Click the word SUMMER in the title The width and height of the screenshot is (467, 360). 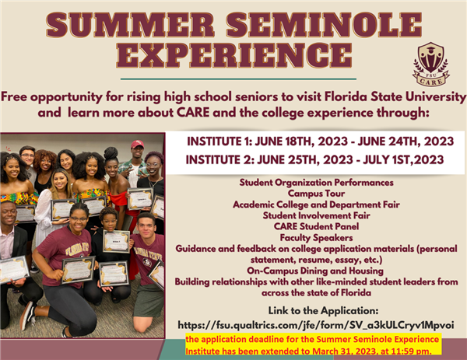coord(130,25)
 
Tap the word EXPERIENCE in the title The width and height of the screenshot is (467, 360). coord(234,55)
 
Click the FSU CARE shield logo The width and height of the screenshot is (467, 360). coord(431,64)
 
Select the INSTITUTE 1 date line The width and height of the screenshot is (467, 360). coord(320,142)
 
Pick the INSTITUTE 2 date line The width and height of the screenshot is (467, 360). coord(314,159)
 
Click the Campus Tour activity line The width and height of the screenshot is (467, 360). coord(316,194)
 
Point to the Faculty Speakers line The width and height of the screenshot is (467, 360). coord(316,238)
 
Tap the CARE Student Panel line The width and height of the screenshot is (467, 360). coord(316,226)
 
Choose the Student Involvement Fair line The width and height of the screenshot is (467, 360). coord(316,215)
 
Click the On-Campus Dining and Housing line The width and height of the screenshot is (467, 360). coord(315,271)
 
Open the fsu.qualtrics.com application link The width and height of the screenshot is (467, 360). coord(316,325)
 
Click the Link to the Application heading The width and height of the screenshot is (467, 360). coord(323,311)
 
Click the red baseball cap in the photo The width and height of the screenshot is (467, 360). coord(137,145)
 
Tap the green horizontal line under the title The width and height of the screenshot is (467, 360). coord(238,79)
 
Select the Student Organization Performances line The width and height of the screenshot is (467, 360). coord(316,183)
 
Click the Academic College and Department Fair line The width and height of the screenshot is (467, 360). coord(316,204)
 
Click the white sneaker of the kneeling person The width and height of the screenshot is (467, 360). coord(27,316)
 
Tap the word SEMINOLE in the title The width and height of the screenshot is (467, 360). coord(324,25)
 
